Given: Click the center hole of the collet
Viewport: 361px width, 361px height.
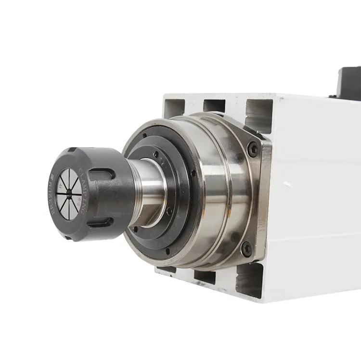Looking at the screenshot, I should coord(68,192).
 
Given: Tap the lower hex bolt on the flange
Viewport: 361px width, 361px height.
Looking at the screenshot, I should coord(247,249).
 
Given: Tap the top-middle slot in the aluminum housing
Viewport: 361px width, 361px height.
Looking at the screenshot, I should coord(214,104).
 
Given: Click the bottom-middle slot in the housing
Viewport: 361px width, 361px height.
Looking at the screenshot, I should coord(205,277).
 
